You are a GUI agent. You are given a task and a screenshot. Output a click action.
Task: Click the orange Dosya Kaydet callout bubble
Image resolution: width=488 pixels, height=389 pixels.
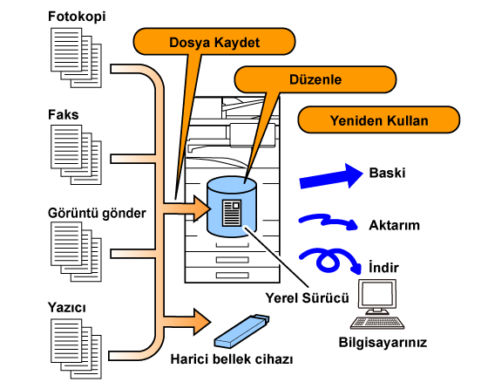click(214, 42)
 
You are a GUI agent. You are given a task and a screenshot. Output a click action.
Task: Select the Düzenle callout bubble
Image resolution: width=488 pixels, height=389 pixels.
click(315, 79)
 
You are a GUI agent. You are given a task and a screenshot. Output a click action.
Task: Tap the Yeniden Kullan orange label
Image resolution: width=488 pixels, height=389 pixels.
click(379, 120)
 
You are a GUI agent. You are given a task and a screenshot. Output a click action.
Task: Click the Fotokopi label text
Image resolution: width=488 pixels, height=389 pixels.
click(77, 17)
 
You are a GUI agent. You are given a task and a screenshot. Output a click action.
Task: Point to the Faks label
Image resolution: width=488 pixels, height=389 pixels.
click(63, 114)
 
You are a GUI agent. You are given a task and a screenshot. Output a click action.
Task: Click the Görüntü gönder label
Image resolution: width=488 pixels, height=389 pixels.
click(97, 213)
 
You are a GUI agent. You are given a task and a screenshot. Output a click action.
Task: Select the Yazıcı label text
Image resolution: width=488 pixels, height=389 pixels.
click(66, 307)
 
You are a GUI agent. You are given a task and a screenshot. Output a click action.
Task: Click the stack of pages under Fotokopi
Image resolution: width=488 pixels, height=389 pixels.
click(77, 58)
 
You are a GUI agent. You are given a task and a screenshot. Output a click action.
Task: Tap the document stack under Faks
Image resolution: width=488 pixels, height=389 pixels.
click(77, 154)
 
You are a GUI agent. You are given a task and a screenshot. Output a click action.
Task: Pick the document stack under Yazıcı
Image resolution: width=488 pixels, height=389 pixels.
click(77, 349)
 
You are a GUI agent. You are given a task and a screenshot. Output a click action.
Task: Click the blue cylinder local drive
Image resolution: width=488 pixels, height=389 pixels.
click(232, 207)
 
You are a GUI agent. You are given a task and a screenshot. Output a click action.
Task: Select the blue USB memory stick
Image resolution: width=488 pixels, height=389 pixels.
click(241, 331)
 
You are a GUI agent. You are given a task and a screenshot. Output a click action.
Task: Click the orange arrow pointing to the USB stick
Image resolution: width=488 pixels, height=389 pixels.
click(187, 322)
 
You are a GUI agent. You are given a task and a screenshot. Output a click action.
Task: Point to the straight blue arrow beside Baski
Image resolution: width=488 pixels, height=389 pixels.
click(331, 176)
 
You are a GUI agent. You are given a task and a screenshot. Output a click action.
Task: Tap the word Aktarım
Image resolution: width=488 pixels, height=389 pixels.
click(394, 225)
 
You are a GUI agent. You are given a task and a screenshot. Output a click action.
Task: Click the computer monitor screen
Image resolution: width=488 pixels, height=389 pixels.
click(377, 294)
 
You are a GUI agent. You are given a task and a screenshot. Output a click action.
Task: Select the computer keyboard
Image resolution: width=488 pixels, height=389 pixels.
click(377, 323)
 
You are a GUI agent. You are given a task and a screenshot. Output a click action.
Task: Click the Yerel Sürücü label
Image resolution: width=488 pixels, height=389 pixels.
click(307, 298)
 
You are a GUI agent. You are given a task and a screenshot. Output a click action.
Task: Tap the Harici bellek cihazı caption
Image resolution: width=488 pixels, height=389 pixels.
click(232, 359)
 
